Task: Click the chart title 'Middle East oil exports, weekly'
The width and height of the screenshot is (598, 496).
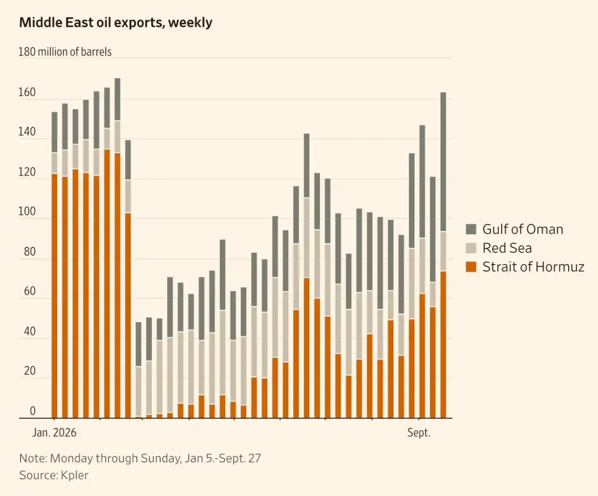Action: point(116,22)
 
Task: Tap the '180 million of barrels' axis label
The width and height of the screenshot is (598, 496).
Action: point(65,52)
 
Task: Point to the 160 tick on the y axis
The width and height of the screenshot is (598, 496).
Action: point(27,92)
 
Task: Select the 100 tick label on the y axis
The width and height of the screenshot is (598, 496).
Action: point(27,211)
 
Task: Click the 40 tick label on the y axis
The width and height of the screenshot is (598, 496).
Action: point(30,331)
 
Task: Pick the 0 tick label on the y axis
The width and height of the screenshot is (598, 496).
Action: point(33,411)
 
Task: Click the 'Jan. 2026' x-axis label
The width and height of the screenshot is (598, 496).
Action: point(54,433)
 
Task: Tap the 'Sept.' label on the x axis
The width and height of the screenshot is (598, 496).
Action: point(419,433)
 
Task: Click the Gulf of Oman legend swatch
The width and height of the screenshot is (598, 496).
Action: point(471,229)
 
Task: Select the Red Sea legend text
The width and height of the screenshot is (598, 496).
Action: point(507,248)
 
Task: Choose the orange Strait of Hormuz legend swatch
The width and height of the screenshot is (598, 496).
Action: point(471,267)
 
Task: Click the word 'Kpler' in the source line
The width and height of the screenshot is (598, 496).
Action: point(74,475)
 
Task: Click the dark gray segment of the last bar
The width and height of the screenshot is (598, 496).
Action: point(443,162)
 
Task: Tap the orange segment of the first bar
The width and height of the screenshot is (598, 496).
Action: point(54,296)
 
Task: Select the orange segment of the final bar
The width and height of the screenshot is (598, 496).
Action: point(443,345)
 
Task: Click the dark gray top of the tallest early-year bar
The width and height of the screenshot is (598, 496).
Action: point(117,100)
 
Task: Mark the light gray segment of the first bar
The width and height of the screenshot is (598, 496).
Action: point(54,163)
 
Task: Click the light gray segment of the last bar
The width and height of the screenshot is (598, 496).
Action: point(443,252)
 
